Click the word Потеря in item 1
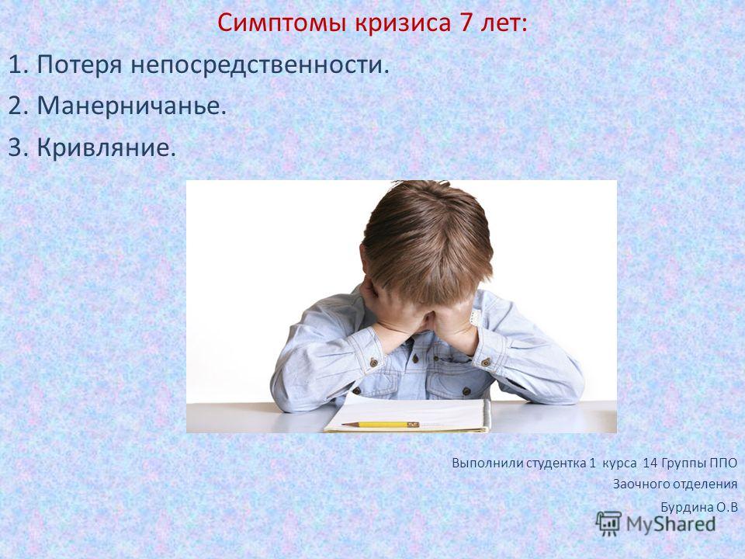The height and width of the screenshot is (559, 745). [x=80, y=65]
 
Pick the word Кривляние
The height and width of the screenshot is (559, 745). [x=106, y=148]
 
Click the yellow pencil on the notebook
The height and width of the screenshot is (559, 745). [x=380, y=424]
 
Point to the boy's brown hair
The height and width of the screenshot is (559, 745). [x=427, y=238]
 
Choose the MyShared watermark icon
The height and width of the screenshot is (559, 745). [x=608, y=523]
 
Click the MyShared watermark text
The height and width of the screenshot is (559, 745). [x=670, y=524]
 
